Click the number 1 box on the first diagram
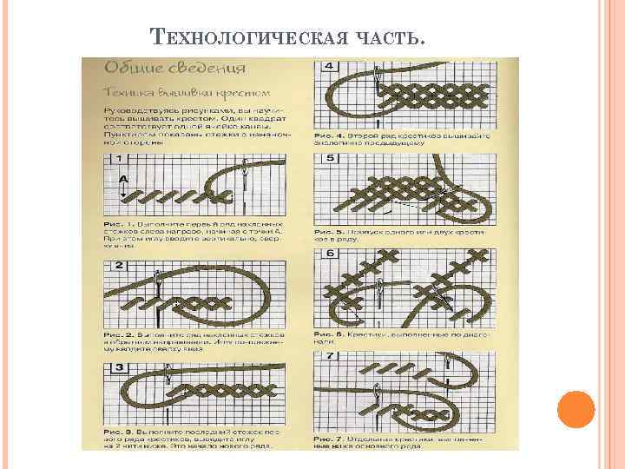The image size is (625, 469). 118,159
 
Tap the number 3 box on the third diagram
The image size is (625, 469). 119,369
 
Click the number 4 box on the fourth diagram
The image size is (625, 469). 330,66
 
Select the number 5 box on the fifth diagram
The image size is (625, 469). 330,158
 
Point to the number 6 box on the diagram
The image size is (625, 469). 330,253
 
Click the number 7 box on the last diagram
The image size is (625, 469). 330,356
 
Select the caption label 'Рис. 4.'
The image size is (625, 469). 328,135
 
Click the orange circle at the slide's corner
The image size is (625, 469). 575,409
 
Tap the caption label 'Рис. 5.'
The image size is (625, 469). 328,233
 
